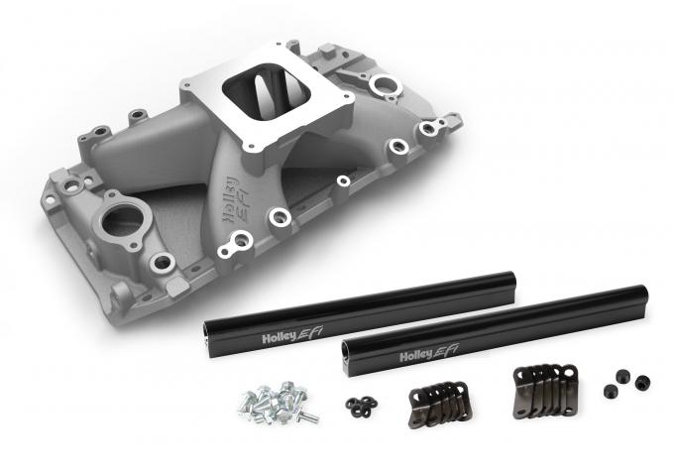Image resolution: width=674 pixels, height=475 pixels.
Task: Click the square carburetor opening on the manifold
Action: point(259,99)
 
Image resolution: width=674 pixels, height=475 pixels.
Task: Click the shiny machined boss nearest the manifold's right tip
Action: point(429,127)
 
